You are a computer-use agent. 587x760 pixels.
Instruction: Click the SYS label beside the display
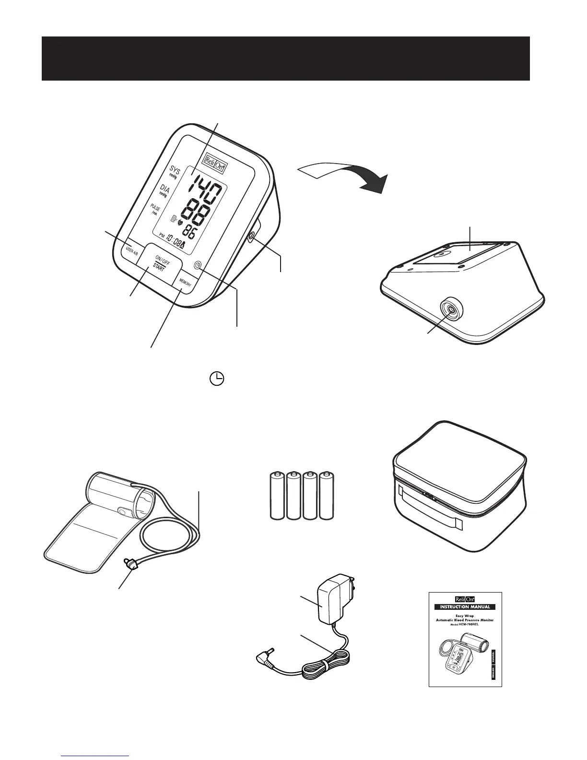coord(175,171)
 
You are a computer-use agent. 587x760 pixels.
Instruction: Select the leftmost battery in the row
coord(277,496)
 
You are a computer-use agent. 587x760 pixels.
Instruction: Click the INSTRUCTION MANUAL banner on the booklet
coord(465,606)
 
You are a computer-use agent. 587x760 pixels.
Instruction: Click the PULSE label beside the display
coord(155,210)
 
